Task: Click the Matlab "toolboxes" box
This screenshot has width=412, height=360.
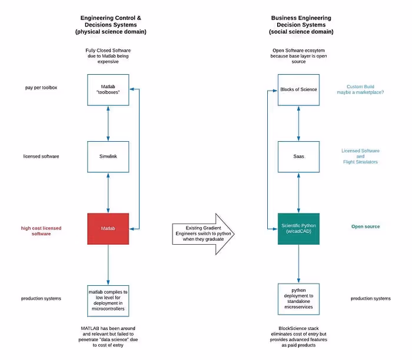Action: (x=108, y=89)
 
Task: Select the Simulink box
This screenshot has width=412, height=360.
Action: (x=108, y=156)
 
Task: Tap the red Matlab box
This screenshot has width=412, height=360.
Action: (x=108, y=229)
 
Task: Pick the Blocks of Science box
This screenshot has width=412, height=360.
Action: (x=298, y=89)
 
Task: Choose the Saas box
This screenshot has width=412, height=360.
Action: (x=298, y=156)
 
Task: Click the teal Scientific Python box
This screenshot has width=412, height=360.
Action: (x=298, y=229)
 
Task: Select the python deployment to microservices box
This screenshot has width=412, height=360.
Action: (x=298, y=299)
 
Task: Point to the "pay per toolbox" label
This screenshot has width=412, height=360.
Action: (x=41, y=88)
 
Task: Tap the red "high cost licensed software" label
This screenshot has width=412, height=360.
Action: (x=41, y=231)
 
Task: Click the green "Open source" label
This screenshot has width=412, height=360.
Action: (x=366, y=226)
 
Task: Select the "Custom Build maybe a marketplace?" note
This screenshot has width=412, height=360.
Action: (x=360, y=89)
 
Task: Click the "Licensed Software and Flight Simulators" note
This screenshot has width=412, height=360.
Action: (x=360, y=156)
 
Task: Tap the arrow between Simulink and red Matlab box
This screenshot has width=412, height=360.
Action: (x=108, y=192)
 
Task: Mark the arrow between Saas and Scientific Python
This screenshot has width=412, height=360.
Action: (x=298, y=192)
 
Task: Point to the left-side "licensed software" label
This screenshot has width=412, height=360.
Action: (x=41, y=156)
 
